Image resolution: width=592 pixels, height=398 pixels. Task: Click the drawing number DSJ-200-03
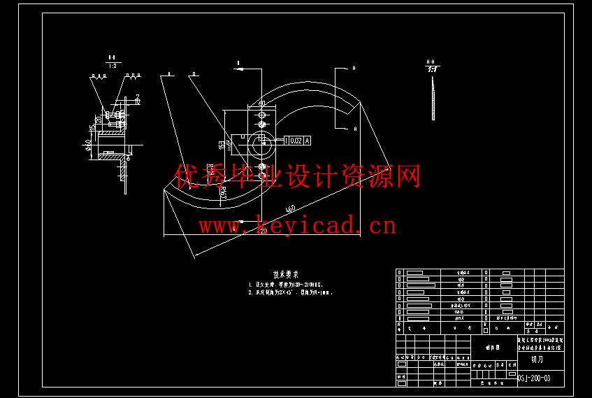point(535,378)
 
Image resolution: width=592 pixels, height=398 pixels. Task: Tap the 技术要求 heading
point(286,274)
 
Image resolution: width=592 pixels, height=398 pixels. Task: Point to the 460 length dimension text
point(290,208)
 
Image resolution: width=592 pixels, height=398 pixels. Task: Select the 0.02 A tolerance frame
point(297,141)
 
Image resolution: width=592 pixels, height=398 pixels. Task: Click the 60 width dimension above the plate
point(262,103)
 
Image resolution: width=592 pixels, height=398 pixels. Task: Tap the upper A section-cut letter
point(354,69)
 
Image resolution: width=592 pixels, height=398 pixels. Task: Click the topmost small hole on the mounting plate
point(262,113)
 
